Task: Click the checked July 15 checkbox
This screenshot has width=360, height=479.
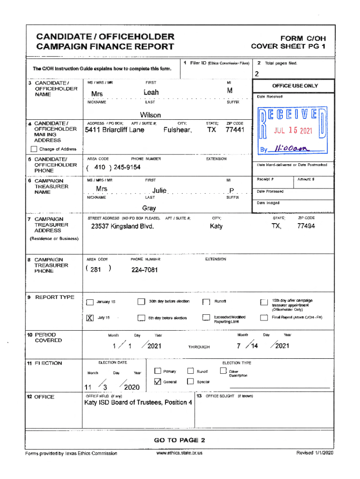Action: click(x=90, y=318)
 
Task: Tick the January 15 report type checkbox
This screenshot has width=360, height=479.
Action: click(x=90, y=302)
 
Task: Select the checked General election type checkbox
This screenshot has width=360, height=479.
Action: click(x=158, y=382)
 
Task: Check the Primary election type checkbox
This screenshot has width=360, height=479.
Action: click(x=158, y=371)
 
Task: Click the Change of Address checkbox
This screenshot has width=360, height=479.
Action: click(x=34, y=149)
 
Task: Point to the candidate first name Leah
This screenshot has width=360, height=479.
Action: click(x=151, y=93)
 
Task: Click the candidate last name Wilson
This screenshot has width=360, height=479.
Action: click(x=150, y=115)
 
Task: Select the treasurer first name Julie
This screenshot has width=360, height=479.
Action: click(x=159, y=190)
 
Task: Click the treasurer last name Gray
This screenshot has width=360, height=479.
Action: click(x=149, y=208)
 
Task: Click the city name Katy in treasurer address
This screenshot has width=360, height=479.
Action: click(x=216, y=226)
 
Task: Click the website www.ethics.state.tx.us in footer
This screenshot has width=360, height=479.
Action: click(x=180, y=453)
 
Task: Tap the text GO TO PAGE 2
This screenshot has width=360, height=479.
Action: click(x=180, y=440)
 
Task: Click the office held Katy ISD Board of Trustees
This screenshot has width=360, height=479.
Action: click(x=138, y=403)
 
